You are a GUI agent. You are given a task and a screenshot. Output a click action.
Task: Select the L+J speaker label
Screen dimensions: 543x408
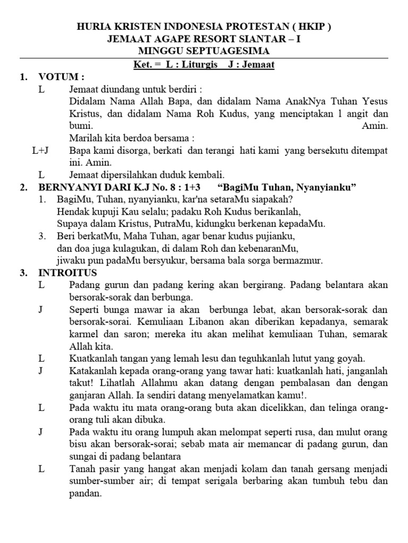(x=40, y=151)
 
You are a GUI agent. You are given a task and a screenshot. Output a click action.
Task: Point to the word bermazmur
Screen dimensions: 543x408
(x=299, y=260)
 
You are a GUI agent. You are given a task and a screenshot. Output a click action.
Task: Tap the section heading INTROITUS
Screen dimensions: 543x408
(x=67, y=273)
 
